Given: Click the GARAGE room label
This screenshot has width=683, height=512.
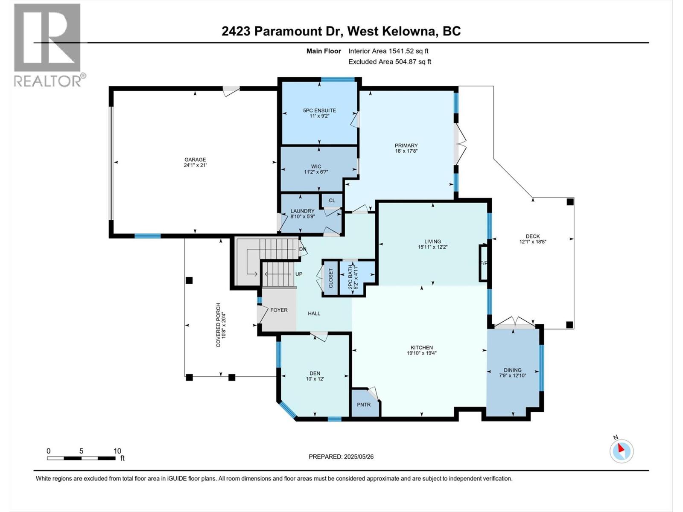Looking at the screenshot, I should (x=195, y=160).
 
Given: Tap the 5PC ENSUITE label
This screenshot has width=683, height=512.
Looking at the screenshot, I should (x=319, y=111).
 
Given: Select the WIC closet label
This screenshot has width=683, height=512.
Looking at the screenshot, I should (x=316, y=166).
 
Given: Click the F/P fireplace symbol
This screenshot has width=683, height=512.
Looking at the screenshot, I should (x=484, y=263).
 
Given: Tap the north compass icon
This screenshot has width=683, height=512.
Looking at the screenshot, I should (x=622, y=451).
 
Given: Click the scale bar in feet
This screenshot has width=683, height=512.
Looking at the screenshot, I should (x=81, y=458).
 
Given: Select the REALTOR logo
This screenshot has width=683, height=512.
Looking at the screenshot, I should (x=48, y=45).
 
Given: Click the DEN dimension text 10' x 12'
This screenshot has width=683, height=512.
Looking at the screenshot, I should (x=315, y=379).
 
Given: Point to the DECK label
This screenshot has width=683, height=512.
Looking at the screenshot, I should (x=532, y=236).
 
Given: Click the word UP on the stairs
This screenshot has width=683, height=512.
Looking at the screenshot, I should (x=299, y=274).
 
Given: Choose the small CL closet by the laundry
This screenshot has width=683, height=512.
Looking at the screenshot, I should (x=332, y=200).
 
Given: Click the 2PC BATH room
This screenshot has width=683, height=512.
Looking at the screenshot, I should (x=351, y=277).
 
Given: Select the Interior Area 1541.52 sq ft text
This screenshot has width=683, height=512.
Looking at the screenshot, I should (x=388, y=51).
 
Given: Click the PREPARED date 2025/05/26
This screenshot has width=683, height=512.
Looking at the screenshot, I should (x=341, y=457).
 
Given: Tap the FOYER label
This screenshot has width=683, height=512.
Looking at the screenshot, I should (x=279, y=310).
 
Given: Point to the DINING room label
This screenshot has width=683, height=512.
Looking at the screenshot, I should (x=512, y=370).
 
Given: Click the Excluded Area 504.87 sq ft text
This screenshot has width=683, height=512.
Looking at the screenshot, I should (x=390, y=61).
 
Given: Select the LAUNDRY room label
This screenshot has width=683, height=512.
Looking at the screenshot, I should (x=302, y=211).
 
